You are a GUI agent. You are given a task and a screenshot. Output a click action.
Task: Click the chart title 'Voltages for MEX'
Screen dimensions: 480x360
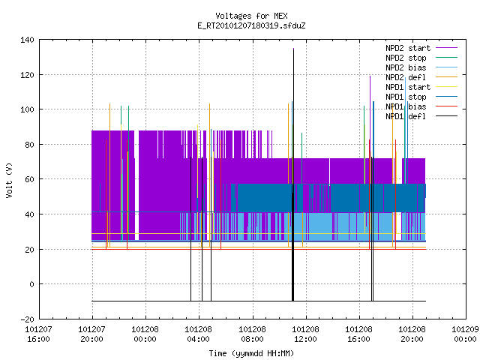(251, 16)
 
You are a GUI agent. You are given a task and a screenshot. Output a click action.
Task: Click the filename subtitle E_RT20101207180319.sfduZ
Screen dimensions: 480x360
(251, 25)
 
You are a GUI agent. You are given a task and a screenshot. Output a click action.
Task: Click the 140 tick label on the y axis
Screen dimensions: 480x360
(27, 40)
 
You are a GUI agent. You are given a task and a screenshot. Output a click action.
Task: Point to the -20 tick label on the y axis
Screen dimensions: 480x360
(27, 319)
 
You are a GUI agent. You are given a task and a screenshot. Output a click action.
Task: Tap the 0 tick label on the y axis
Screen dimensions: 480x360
(31, 284)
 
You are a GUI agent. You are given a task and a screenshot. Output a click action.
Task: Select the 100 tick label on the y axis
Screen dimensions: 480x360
(27, 109)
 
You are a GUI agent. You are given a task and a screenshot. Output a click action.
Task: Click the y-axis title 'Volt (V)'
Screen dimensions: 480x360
(9, 180)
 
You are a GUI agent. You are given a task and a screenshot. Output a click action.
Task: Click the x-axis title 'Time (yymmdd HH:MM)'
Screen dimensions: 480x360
(251, 353)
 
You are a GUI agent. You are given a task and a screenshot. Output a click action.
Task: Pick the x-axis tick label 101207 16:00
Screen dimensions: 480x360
(38, 334)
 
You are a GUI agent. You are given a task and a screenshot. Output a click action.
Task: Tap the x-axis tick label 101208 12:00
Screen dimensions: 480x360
(305, 334)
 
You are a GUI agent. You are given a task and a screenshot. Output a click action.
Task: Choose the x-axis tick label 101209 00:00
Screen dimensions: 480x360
(466, 334)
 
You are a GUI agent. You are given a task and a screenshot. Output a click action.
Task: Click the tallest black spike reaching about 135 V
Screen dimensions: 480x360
(293, 175)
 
